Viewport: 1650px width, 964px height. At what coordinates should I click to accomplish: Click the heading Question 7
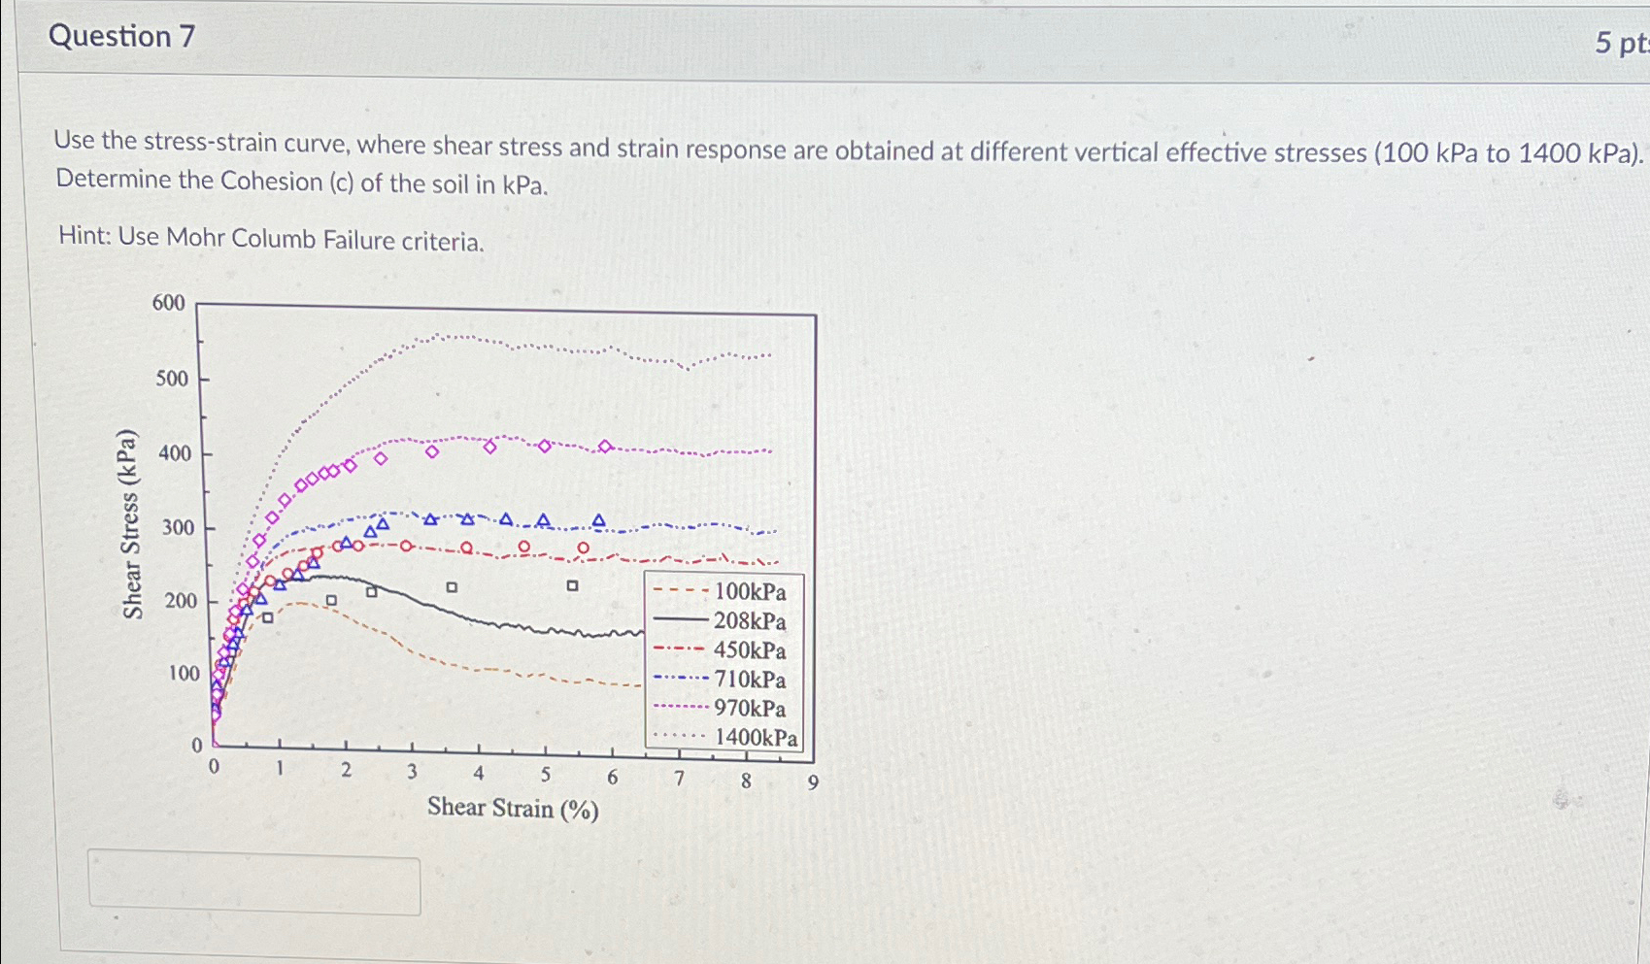121,37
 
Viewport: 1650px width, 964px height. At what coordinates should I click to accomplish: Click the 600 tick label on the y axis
168,303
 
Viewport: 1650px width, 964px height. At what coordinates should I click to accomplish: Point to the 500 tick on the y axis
172,379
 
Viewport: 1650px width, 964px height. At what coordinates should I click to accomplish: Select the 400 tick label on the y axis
174,453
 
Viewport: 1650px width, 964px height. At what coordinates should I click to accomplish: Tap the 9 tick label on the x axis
814,782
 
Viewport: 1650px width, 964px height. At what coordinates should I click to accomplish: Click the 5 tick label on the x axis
545,775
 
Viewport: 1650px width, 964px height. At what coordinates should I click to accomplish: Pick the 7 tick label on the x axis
680,778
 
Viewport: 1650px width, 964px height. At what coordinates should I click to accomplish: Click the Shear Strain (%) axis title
513,808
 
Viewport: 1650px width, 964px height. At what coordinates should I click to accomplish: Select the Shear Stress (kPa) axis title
132,524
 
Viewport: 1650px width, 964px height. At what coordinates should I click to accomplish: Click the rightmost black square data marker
573,585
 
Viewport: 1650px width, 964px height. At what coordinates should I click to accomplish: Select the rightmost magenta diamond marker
605,447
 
